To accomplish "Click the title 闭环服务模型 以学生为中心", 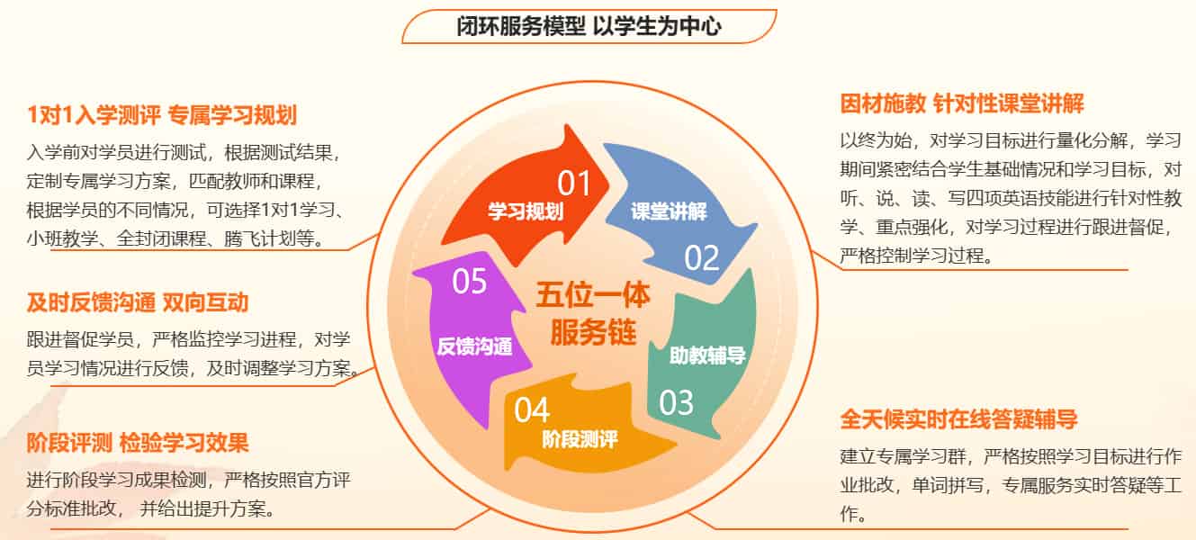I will tap(589, 27).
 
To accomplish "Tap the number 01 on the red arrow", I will tap(574, 184).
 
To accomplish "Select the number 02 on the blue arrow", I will tap(702, 258).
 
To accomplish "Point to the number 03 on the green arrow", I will tap(677, 401).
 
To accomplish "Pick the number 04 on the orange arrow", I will tap(532, 410).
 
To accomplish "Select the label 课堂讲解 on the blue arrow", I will tap(668, 213).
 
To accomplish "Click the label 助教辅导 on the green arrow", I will tap(707, 355).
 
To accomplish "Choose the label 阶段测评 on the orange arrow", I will tap(580, 440).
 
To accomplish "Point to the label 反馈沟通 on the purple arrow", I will tap(474, 346).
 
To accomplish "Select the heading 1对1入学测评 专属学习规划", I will tap(162, 115).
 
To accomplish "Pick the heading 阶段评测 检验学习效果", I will tap(138, 443).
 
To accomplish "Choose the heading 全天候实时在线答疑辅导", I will tap(958, 419).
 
